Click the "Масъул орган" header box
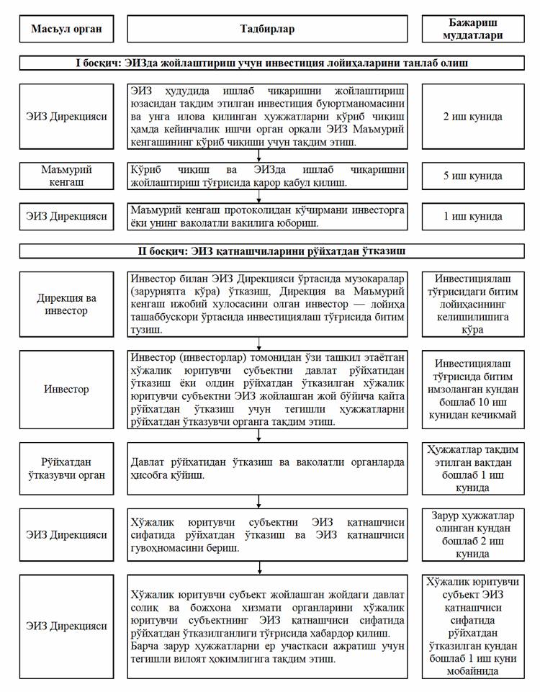[x=66, y=29]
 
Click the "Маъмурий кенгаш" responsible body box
[x=66, y=176]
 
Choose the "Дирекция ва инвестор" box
[x=66, y=304]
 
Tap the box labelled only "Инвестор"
[x=66, y=389]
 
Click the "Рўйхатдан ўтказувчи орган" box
[x=66, y=467]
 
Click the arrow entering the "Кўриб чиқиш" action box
[x=258, y=158]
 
